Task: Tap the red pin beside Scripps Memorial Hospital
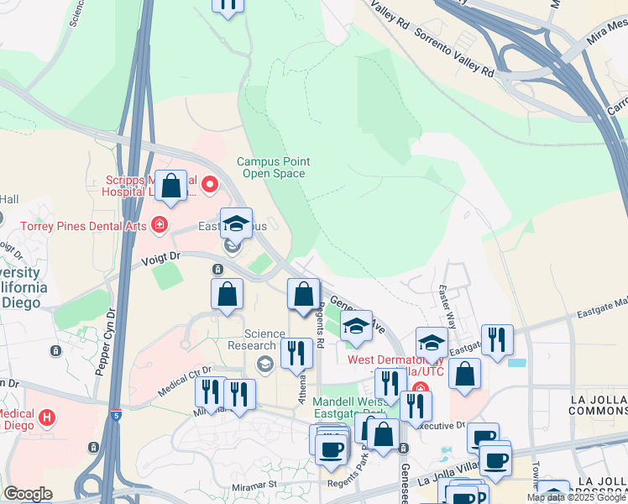pyautogui.click(x=209, y=183)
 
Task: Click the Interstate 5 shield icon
pyautogui.click(x=116, y=415)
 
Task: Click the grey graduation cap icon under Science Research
pyautogui.click(x=265, y=363)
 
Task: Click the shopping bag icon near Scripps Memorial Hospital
pyautogui.click(x=171, y=186)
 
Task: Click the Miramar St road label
pyautogui.click(x=254, y=485)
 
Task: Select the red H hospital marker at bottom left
pyautogui.click(x=47, y=416)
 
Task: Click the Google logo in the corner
pyautogui.click(x=28, y=494)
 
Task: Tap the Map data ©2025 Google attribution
pyautogui.click(x=576, y=498)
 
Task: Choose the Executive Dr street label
pyautogui.click(x=442, y=426)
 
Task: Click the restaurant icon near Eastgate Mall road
pyautogui.click(x=498, y=339)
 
